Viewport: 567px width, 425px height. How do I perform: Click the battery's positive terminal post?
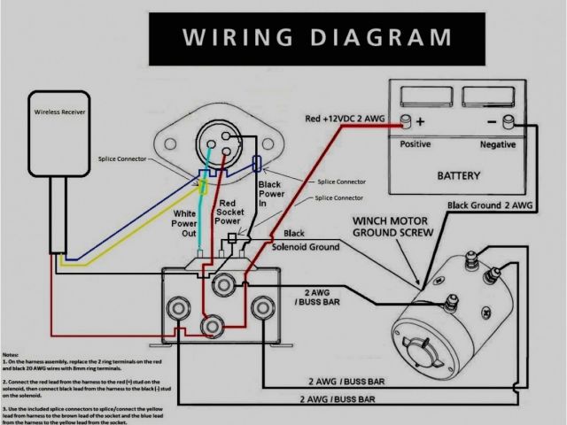[x=406, y=120]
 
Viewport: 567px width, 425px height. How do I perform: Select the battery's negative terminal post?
[x=509, y=120]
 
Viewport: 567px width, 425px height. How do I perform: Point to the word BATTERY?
[x=458, y=175]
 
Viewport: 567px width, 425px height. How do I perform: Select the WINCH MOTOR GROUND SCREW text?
[x=392, y=227]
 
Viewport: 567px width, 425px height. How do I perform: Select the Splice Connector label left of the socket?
[x=121, y=157]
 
